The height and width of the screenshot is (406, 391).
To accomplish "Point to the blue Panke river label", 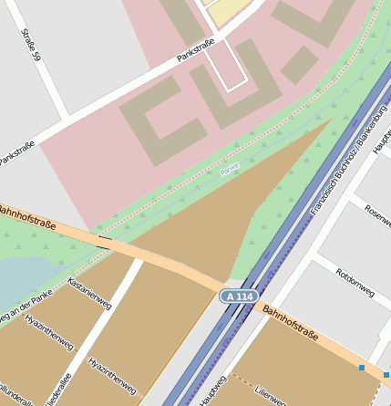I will click(x=230, y=168).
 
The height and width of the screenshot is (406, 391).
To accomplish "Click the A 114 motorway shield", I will click(x=239, y=297).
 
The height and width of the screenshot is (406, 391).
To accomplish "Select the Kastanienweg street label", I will click(x=88, y=295).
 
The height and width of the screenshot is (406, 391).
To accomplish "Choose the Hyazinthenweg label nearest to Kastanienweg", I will click(x=48, y=334).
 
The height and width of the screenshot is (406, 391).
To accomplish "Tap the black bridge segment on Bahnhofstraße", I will click(x=105, y=243).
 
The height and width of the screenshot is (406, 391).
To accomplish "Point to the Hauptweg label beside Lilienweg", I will click(x=211, y=390).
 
